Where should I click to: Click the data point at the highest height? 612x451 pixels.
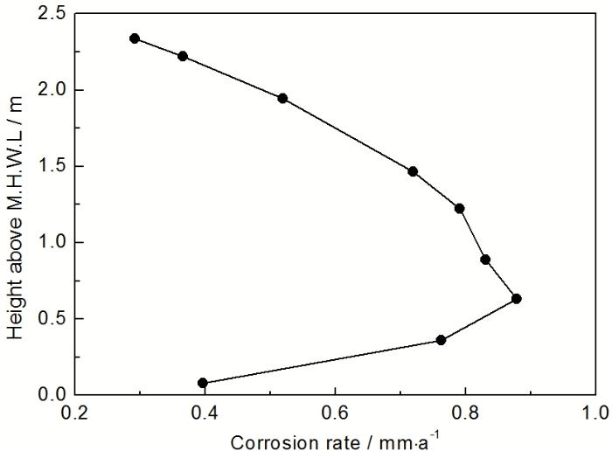click(x=135, y=38)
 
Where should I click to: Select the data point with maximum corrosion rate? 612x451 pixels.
click(x=516, y=299)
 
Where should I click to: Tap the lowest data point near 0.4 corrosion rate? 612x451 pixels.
click(x=203, y=383)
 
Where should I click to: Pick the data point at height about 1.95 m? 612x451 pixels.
click(x=282, y=98)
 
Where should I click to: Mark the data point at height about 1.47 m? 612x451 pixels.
click(x=413, y=171)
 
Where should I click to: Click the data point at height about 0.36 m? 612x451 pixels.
click(x=441, y=340)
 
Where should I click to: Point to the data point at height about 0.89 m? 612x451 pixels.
click(x=485, y=260)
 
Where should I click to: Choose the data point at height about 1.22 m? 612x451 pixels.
click(x=459, y=208)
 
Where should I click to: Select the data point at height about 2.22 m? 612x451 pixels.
click(x=183, y=56)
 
